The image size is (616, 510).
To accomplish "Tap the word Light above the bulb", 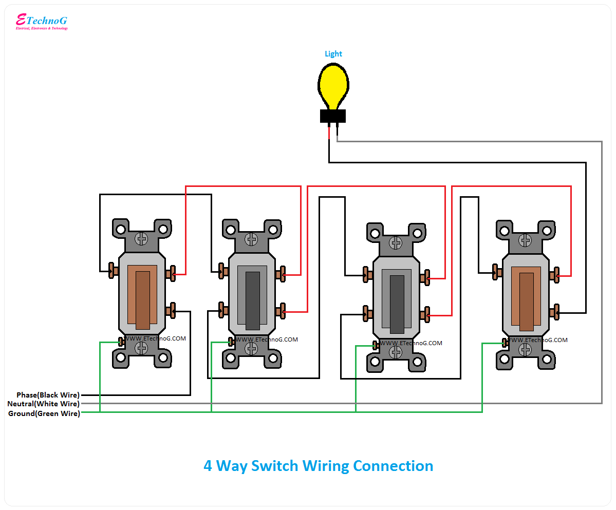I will pos(333,54).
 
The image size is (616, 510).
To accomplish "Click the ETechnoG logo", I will pos(41,22).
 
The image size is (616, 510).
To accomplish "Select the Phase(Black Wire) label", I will pos(48,395).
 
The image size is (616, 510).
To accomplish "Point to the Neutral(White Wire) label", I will pos(43,404).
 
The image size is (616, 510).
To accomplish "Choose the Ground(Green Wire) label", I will pos(44,413).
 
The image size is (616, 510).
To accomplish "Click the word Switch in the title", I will pos(274,466).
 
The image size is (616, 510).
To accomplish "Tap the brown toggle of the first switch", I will pos(142,300).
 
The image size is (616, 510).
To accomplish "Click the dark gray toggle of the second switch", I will pos(252,300).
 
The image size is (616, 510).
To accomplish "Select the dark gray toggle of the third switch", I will pos(397,304).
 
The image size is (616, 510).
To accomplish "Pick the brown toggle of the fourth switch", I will pos(526,301).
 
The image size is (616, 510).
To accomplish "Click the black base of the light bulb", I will pos(333,117).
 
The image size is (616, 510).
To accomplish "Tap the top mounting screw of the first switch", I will pos(142,239).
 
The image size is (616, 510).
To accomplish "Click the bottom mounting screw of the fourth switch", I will pos(525,350).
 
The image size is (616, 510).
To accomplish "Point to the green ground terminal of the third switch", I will pos(376,345).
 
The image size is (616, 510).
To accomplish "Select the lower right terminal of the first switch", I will pos(171,310).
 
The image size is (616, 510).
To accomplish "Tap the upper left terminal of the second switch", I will pos(223,271).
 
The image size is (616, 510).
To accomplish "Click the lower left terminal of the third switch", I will pos(367,313).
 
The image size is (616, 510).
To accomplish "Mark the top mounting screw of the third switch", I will pos(396,242).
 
